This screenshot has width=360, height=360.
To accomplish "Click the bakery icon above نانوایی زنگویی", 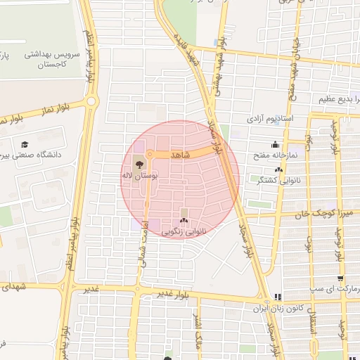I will pos(184,221).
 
